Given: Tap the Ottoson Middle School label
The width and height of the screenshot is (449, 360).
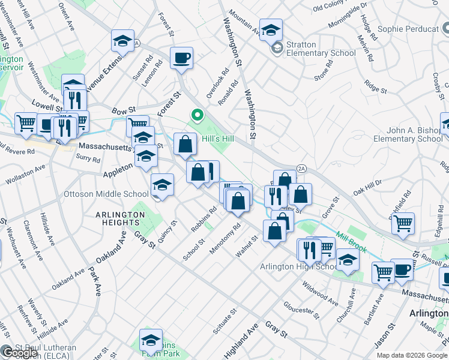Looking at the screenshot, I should (106, 194).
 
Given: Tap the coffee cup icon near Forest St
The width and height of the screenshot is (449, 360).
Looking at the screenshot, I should (182, 58).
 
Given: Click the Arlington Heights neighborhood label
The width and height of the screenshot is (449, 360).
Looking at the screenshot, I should (108, 218).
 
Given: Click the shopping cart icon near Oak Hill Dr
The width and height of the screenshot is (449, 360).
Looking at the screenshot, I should (403, 223).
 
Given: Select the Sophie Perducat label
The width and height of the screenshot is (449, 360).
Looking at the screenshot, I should (406, 29).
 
